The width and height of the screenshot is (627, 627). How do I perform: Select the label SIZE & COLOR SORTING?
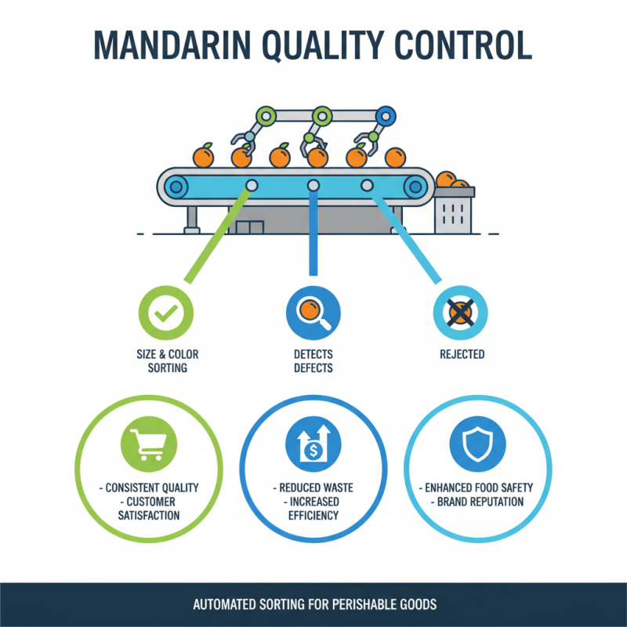(167, 361)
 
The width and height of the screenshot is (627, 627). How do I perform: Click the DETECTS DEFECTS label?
(313, 361)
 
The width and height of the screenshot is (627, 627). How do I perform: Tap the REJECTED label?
(462, 354)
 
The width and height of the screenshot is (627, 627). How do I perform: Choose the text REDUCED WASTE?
(313, 487)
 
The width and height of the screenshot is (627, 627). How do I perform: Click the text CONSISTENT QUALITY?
(149, 487)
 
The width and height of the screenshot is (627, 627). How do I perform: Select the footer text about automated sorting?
(313, 605)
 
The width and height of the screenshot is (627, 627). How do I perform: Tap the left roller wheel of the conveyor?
(177, 187)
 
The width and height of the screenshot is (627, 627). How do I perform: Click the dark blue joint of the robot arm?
(385, 117)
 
